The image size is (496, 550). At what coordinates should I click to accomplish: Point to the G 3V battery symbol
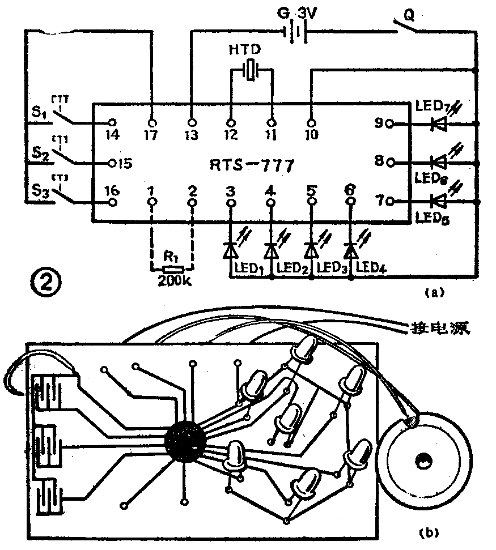pyautogui.click(x=295, y=33)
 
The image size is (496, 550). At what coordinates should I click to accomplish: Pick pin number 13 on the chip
pyautogui.click(x=192, y=135)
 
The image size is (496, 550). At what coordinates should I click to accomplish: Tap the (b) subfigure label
pyautogui.click(x=426, y=532)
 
